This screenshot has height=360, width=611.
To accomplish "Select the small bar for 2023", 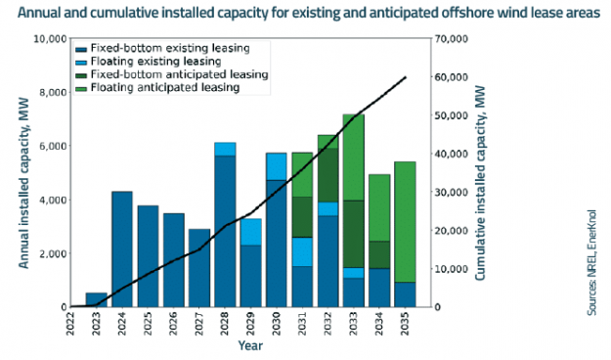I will coord(97,299).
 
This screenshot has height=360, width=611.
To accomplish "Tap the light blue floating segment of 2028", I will coord(225,149).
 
